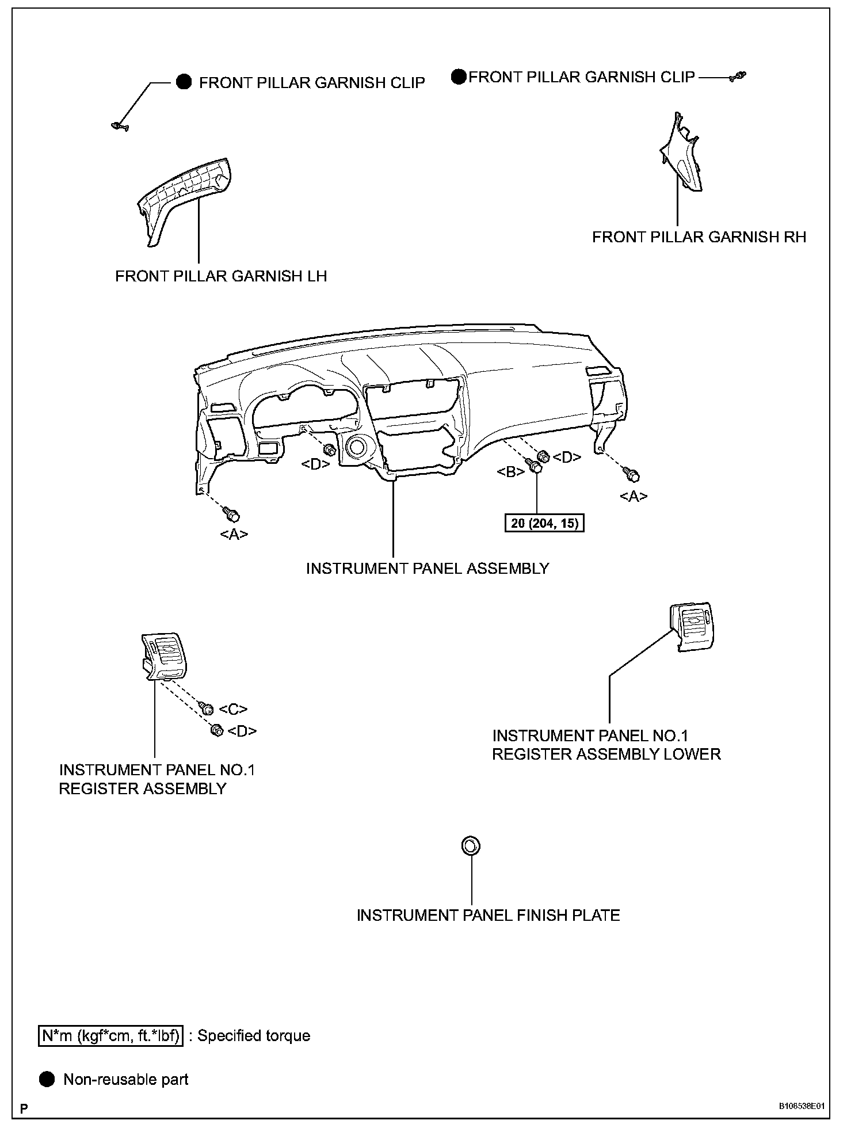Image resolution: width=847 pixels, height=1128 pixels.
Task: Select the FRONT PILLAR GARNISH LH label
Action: [221, 276]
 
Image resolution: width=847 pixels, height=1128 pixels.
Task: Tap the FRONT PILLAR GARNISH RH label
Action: [699, 237]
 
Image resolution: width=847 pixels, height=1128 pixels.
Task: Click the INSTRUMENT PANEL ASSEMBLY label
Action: [427, 569]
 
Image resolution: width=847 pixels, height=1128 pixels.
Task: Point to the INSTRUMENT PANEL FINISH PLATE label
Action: [488, 916]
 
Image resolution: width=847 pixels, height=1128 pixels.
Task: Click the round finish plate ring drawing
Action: [471, 846]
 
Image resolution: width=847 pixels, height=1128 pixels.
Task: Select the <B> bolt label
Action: [510, 472]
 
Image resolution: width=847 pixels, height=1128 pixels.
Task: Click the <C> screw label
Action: [233, 710]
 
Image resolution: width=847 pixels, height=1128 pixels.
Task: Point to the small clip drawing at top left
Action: [120, 125]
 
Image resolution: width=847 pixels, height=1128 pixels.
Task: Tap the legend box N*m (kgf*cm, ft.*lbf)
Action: [110, 1036]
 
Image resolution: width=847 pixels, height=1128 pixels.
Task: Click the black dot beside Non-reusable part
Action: [47, 1079]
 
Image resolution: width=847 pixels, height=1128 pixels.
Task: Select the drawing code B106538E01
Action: [802, 1107]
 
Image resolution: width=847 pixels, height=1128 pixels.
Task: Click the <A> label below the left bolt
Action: [234, 535]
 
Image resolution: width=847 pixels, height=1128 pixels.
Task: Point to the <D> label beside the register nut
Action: [242, 731]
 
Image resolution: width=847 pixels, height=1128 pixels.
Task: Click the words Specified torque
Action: [254, 1036]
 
